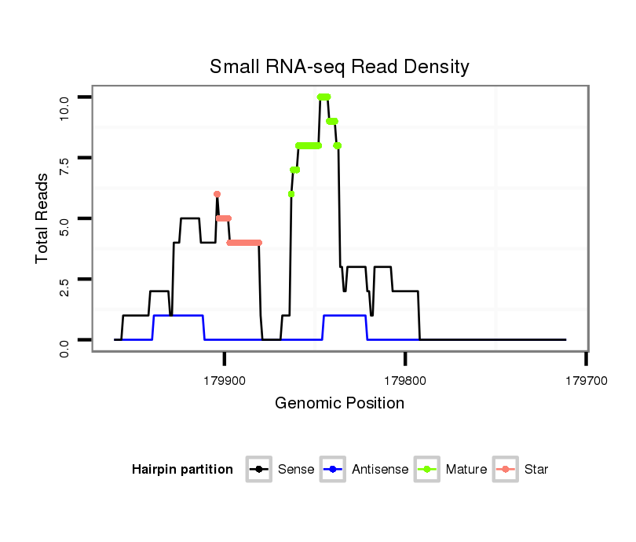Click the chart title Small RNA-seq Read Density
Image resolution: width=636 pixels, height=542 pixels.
[339, 67]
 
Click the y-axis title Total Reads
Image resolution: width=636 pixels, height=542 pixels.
[44, 218]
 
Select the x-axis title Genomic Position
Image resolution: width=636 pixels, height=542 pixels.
[339, 404]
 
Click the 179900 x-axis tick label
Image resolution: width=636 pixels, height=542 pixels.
[225, 379]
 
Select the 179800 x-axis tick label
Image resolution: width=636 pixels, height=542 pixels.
[405, 379]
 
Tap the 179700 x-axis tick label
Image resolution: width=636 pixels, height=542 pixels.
[586, 379]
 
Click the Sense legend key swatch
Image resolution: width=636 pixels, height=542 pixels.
[258, 470]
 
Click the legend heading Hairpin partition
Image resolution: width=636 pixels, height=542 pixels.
[182, 470]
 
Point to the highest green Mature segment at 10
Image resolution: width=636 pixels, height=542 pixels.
[323, 97]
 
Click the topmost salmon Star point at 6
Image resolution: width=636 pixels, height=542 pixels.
[217, 194]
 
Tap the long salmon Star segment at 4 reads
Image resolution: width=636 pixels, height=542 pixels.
[243, 243]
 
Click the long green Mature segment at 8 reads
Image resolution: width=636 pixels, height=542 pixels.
[309, 145]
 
